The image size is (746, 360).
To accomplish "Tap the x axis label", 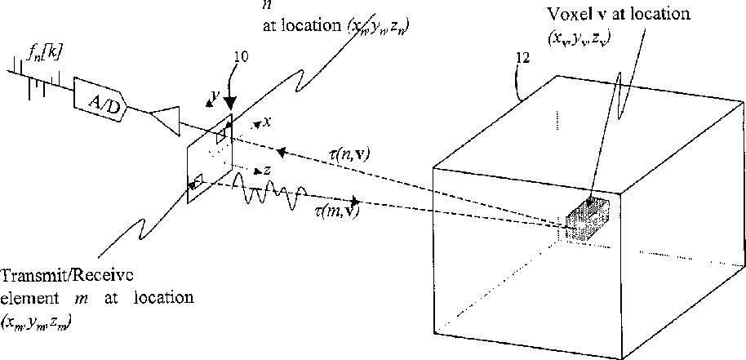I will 267,122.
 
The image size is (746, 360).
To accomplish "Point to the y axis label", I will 214,97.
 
